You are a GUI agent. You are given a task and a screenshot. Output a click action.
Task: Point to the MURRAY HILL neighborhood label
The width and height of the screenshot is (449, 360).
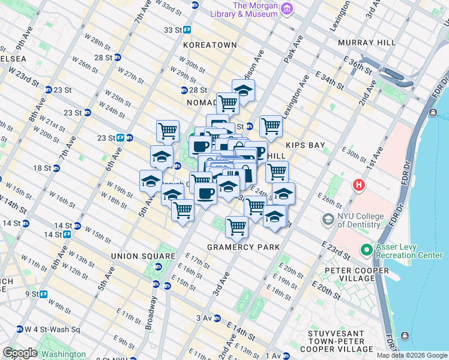(x=366, y=43)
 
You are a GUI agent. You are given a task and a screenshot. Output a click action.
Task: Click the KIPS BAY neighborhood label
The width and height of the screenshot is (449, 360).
(x=305, y=145)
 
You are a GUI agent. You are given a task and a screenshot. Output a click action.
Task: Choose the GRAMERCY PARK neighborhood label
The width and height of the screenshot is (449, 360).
(x=243, y=247)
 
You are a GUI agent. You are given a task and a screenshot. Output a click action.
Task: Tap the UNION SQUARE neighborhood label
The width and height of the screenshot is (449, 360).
(x=143, y=256)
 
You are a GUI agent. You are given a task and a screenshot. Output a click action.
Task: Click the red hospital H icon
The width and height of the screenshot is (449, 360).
(x=359, y=185)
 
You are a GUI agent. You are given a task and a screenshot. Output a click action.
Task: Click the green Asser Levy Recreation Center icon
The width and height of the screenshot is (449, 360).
(x=366, y=249)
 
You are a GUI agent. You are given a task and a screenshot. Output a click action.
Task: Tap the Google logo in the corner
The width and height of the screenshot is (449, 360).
(x=20, y=353)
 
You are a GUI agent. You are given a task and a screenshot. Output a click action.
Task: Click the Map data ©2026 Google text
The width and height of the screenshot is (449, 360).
(x=411, y=355)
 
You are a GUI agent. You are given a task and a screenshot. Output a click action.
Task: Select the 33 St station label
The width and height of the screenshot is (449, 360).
(x=173, y=29)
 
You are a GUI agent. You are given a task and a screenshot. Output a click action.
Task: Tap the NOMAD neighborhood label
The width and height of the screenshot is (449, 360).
(x=201, y=103)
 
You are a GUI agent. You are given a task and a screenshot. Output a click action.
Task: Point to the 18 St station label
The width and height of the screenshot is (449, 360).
(x=43, y=168)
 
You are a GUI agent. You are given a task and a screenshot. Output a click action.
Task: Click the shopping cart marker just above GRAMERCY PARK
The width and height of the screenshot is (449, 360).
(x=237, y=227)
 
